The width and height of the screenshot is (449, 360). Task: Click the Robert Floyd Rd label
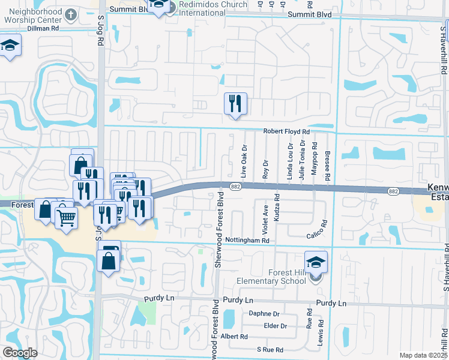(286, 131)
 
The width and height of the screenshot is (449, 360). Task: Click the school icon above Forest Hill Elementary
(316, 263)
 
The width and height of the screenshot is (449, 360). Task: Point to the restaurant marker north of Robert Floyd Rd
(235, 104)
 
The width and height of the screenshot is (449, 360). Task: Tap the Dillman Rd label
(46, 28)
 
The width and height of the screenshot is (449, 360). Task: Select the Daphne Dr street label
(264, 314)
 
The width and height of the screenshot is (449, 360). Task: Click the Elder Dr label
(276, 326)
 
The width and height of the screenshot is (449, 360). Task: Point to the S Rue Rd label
(270, 349)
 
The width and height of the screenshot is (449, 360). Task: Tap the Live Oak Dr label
(244, 160)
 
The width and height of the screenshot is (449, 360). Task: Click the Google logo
(20, 353)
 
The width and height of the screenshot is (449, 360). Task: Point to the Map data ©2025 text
(423, 355)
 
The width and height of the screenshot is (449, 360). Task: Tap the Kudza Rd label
(277, 208)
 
